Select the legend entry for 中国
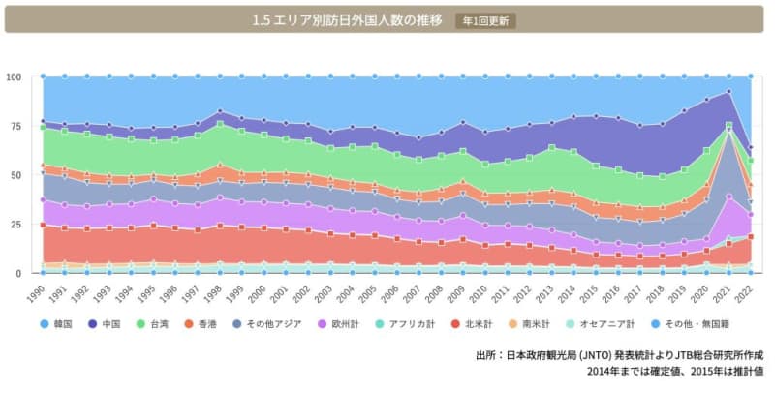(x=110, y=323)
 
